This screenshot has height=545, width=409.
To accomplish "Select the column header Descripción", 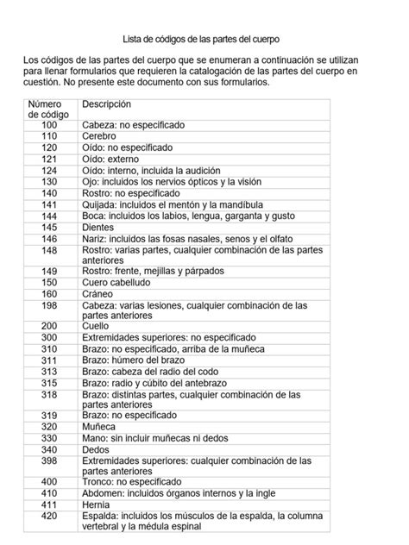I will pyautogui.click(x=106, y=103).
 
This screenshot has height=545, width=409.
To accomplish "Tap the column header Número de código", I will pyautogui.click(x=48, y=109).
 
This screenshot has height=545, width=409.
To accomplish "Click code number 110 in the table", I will pyautogui.click(x=48, y=136).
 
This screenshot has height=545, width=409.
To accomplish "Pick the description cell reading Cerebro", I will pyautogui.click(x=99, y=136).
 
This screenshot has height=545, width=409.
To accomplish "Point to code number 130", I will pyautogui.click(x=48, y=182).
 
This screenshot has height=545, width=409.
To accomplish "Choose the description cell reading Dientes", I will pyautogui.click(x=98, y=227).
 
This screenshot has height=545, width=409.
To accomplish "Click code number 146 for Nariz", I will pyautogui.click(x=48, y=238).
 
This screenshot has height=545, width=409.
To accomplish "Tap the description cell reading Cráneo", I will pyautogui.click(x=98, y=293).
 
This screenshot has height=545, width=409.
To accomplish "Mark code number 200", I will pyautogui.click(x=48, y=327).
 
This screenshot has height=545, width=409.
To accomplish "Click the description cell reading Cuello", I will pyautogui.click(x=96, y=327).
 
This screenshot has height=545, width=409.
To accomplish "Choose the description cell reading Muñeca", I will pyautogui.click(x=99, y=427).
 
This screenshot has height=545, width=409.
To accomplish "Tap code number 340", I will pyautogui.click(x=48, y=449).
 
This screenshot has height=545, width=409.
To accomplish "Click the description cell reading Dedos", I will pyautogui.click(x=97, y=449).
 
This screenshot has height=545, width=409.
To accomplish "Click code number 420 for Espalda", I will pyautogui.click(x=48, y=516).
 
